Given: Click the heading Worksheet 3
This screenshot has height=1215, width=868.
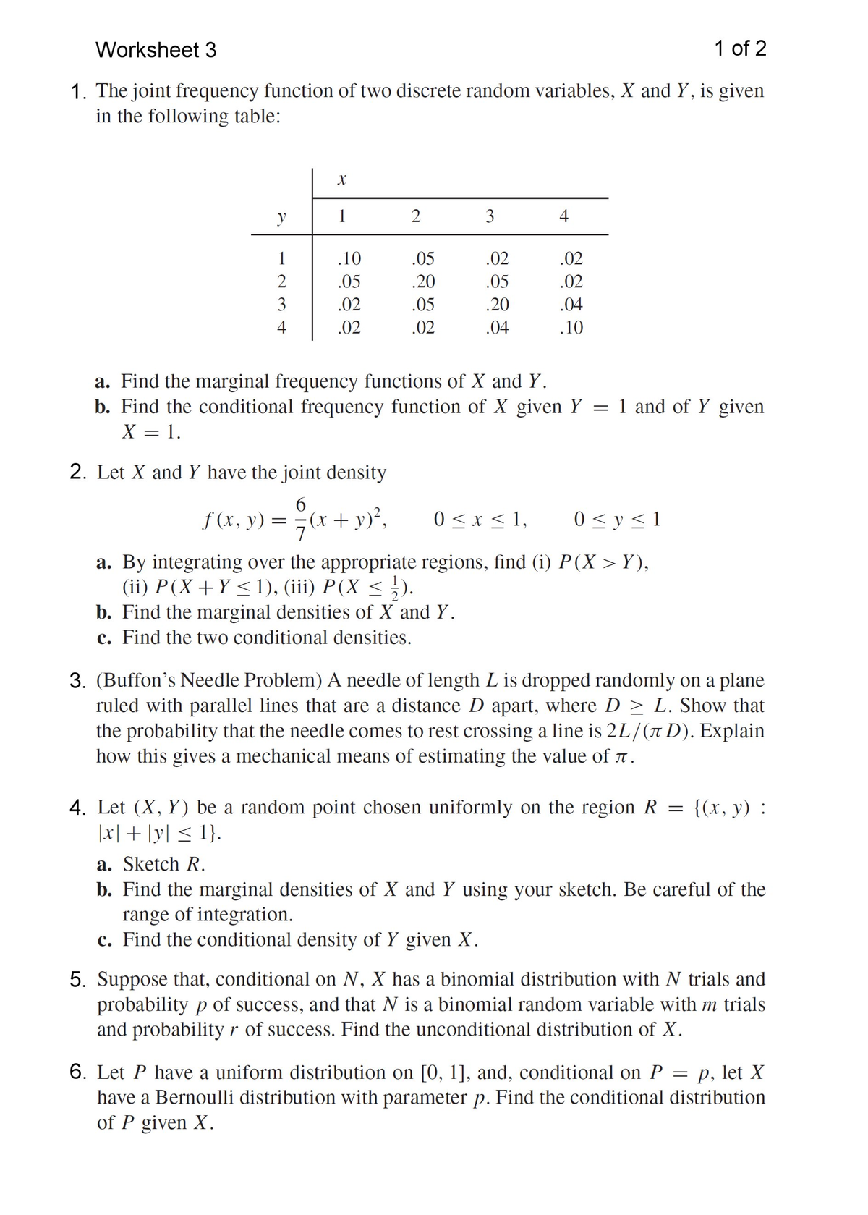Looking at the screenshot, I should click(x=156, y=50).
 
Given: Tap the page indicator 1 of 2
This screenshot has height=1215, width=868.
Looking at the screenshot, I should click(x=739, y=48).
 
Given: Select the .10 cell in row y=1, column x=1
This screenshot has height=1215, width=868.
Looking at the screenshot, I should click(x=349, y=258).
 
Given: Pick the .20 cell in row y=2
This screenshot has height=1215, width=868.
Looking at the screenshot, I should click(x=422, y=281).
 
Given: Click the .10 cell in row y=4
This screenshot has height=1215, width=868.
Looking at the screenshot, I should click(x=571, y=328).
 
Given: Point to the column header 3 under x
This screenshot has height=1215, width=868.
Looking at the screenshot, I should click(x=490, y=216).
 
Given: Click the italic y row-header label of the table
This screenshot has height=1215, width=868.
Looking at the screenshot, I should click(x=281, y=216).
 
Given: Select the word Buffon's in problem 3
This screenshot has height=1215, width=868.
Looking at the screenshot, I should click(x=137, y=680).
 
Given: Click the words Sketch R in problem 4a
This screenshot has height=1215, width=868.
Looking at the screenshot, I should click(x=163, y=864).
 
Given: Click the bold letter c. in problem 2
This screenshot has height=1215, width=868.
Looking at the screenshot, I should click(x=103, y=638).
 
